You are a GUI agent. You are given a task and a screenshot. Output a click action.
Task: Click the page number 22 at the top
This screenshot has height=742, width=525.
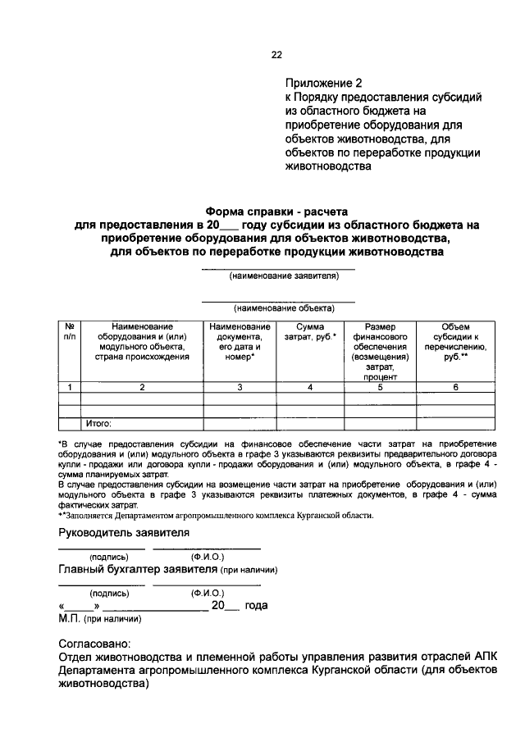276,56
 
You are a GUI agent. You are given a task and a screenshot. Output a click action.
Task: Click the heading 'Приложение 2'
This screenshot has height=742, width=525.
322,84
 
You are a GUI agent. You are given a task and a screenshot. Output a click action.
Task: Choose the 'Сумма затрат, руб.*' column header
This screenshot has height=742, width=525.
305,332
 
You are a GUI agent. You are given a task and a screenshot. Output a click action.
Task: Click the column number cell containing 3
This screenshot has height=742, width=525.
240,387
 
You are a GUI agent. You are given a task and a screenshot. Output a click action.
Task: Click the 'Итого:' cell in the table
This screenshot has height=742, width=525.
99,424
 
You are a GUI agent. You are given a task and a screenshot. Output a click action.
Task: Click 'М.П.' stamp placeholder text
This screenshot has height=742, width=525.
69,620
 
